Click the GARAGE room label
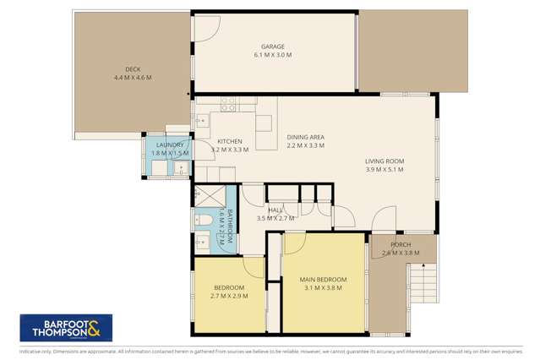pyautogui.click(x=272, y=46)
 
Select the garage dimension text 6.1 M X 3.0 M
pyautogui.click(x=272, y=56)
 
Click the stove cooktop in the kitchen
pyautogui.click(x=228, y=106)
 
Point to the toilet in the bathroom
pyautogui.click(x=202, y=221)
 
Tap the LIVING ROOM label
pyautogui.click(x=385, y=161)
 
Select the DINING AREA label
pyautogui.click(x=306, y=137)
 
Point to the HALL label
pyautogui.click(x=275, y=210)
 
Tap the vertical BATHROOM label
pyautogui.click(x=224, y=226)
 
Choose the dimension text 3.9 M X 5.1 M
pyautogui.click(x=385, y=170)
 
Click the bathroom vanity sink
pyautogui.click(x=201, y=244)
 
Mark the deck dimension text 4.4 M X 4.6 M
pyautogui.click(x=132, y=79)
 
